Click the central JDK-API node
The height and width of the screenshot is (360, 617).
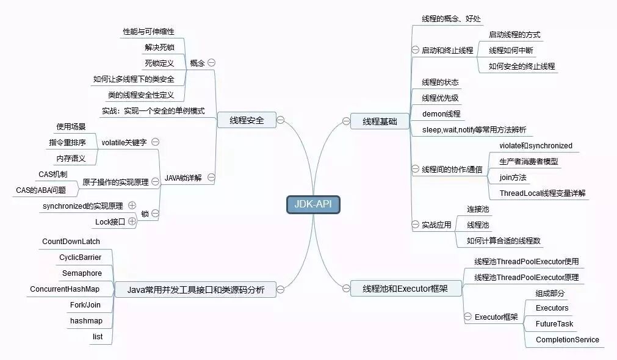point(313,204)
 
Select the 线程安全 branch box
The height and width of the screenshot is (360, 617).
point(247,121)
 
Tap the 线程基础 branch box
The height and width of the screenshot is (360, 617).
point(380,121)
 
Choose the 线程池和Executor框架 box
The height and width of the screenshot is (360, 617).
point(405,288)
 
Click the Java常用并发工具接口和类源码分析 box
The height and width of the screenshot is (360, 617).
point(196,289)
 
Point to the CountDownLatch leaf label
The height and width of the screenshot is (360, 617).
point(71,242)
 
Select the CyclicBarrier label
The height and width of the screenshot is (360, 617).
point(81,257)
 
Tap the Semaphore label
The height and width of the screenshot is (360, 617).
point(82,273)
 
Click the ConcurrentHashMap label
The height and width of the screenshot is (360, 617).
point(65,289)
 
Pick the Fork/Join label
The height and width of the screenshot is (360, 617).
point(85,305)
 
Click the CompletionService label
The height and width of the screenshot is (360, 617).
point(567,340)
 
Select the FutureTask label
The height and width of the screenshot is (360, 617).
point(554,324)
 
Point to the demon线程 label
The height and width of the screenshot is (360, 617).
point(441,113)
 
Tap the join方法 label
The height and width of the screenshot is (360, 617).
point(513,178)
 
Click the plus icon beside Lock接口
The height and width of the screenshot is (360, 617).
point(132,221)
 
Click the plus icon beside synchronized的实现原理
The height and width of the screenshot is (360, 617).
point(132,206)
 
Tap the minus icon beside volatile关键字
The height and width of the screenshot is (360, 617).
point(155,142)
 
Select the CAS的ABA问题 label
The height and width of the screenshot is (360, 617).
point(41,190)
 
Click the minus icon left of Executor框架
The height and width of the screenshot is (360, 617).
point(467,317)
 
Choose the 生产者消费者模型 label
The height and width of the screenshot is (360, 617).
point(529,162)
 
